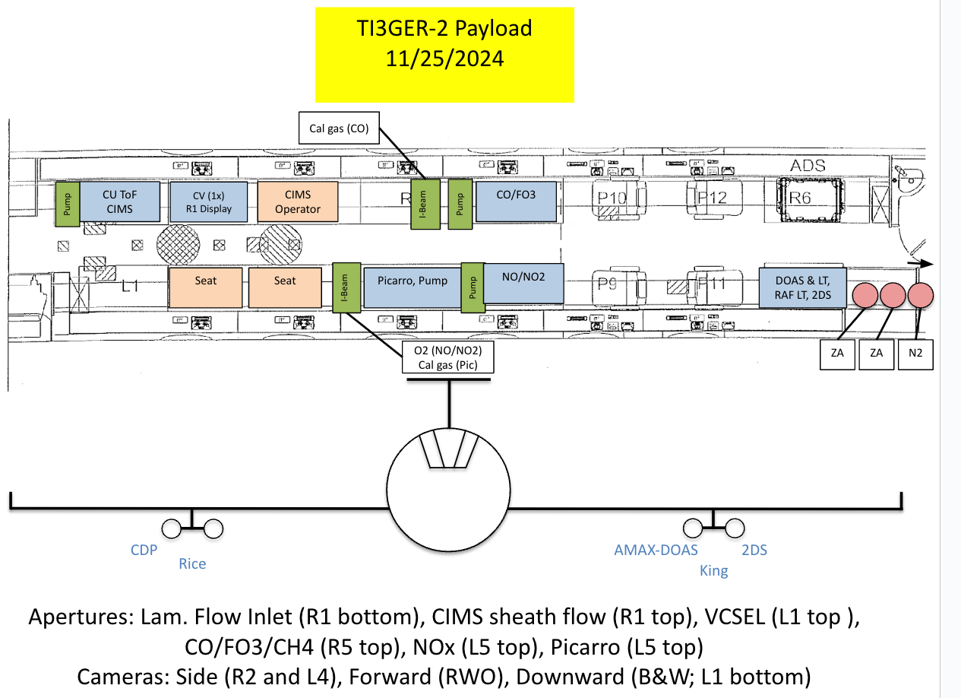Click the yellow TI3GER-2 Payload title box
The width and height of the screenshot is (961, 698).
[x=444, y=53]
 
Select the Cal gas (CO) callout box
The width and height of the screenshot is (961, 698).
[x=339, y=128]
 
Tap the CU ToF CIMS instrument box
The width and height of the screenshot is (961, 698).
[x=120, y=201]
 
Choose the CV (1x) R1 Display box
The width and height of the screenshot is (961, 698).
[x=207, y=201]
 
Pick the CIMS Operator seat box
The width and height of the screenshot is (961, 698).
[x=298, y=201]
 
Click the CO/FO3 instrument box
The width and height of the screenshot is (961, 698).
[x=517, y=201]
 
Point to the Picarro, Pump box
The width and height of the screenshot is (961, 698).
[x=413, y=287]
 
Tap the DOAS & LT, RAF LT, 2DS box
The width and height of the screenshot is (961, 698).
[x=803, y=287]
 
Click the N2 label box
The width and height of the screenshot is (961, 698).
[x=915, y=354]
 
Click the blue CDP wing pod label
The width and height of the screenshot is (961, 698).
[x=144, y=549]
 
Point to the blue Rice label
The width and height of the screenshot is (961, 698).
[x=192, y=563]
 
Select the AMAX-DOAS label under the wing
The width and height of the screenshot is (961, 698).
[x=656, y=550]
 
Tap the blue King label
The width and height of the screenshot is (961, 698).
[x=713, y=570]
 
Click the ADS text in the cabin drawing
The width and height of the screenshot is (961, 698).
[x=808, y=166]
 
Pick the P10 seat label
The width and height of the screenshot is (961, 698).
[x=612, y=199]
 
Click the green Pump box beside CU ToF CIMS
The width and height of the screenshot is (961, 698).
[x=66, y=204]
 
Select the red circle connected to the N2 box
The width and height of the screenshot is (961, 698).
[x=919, y=294]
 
